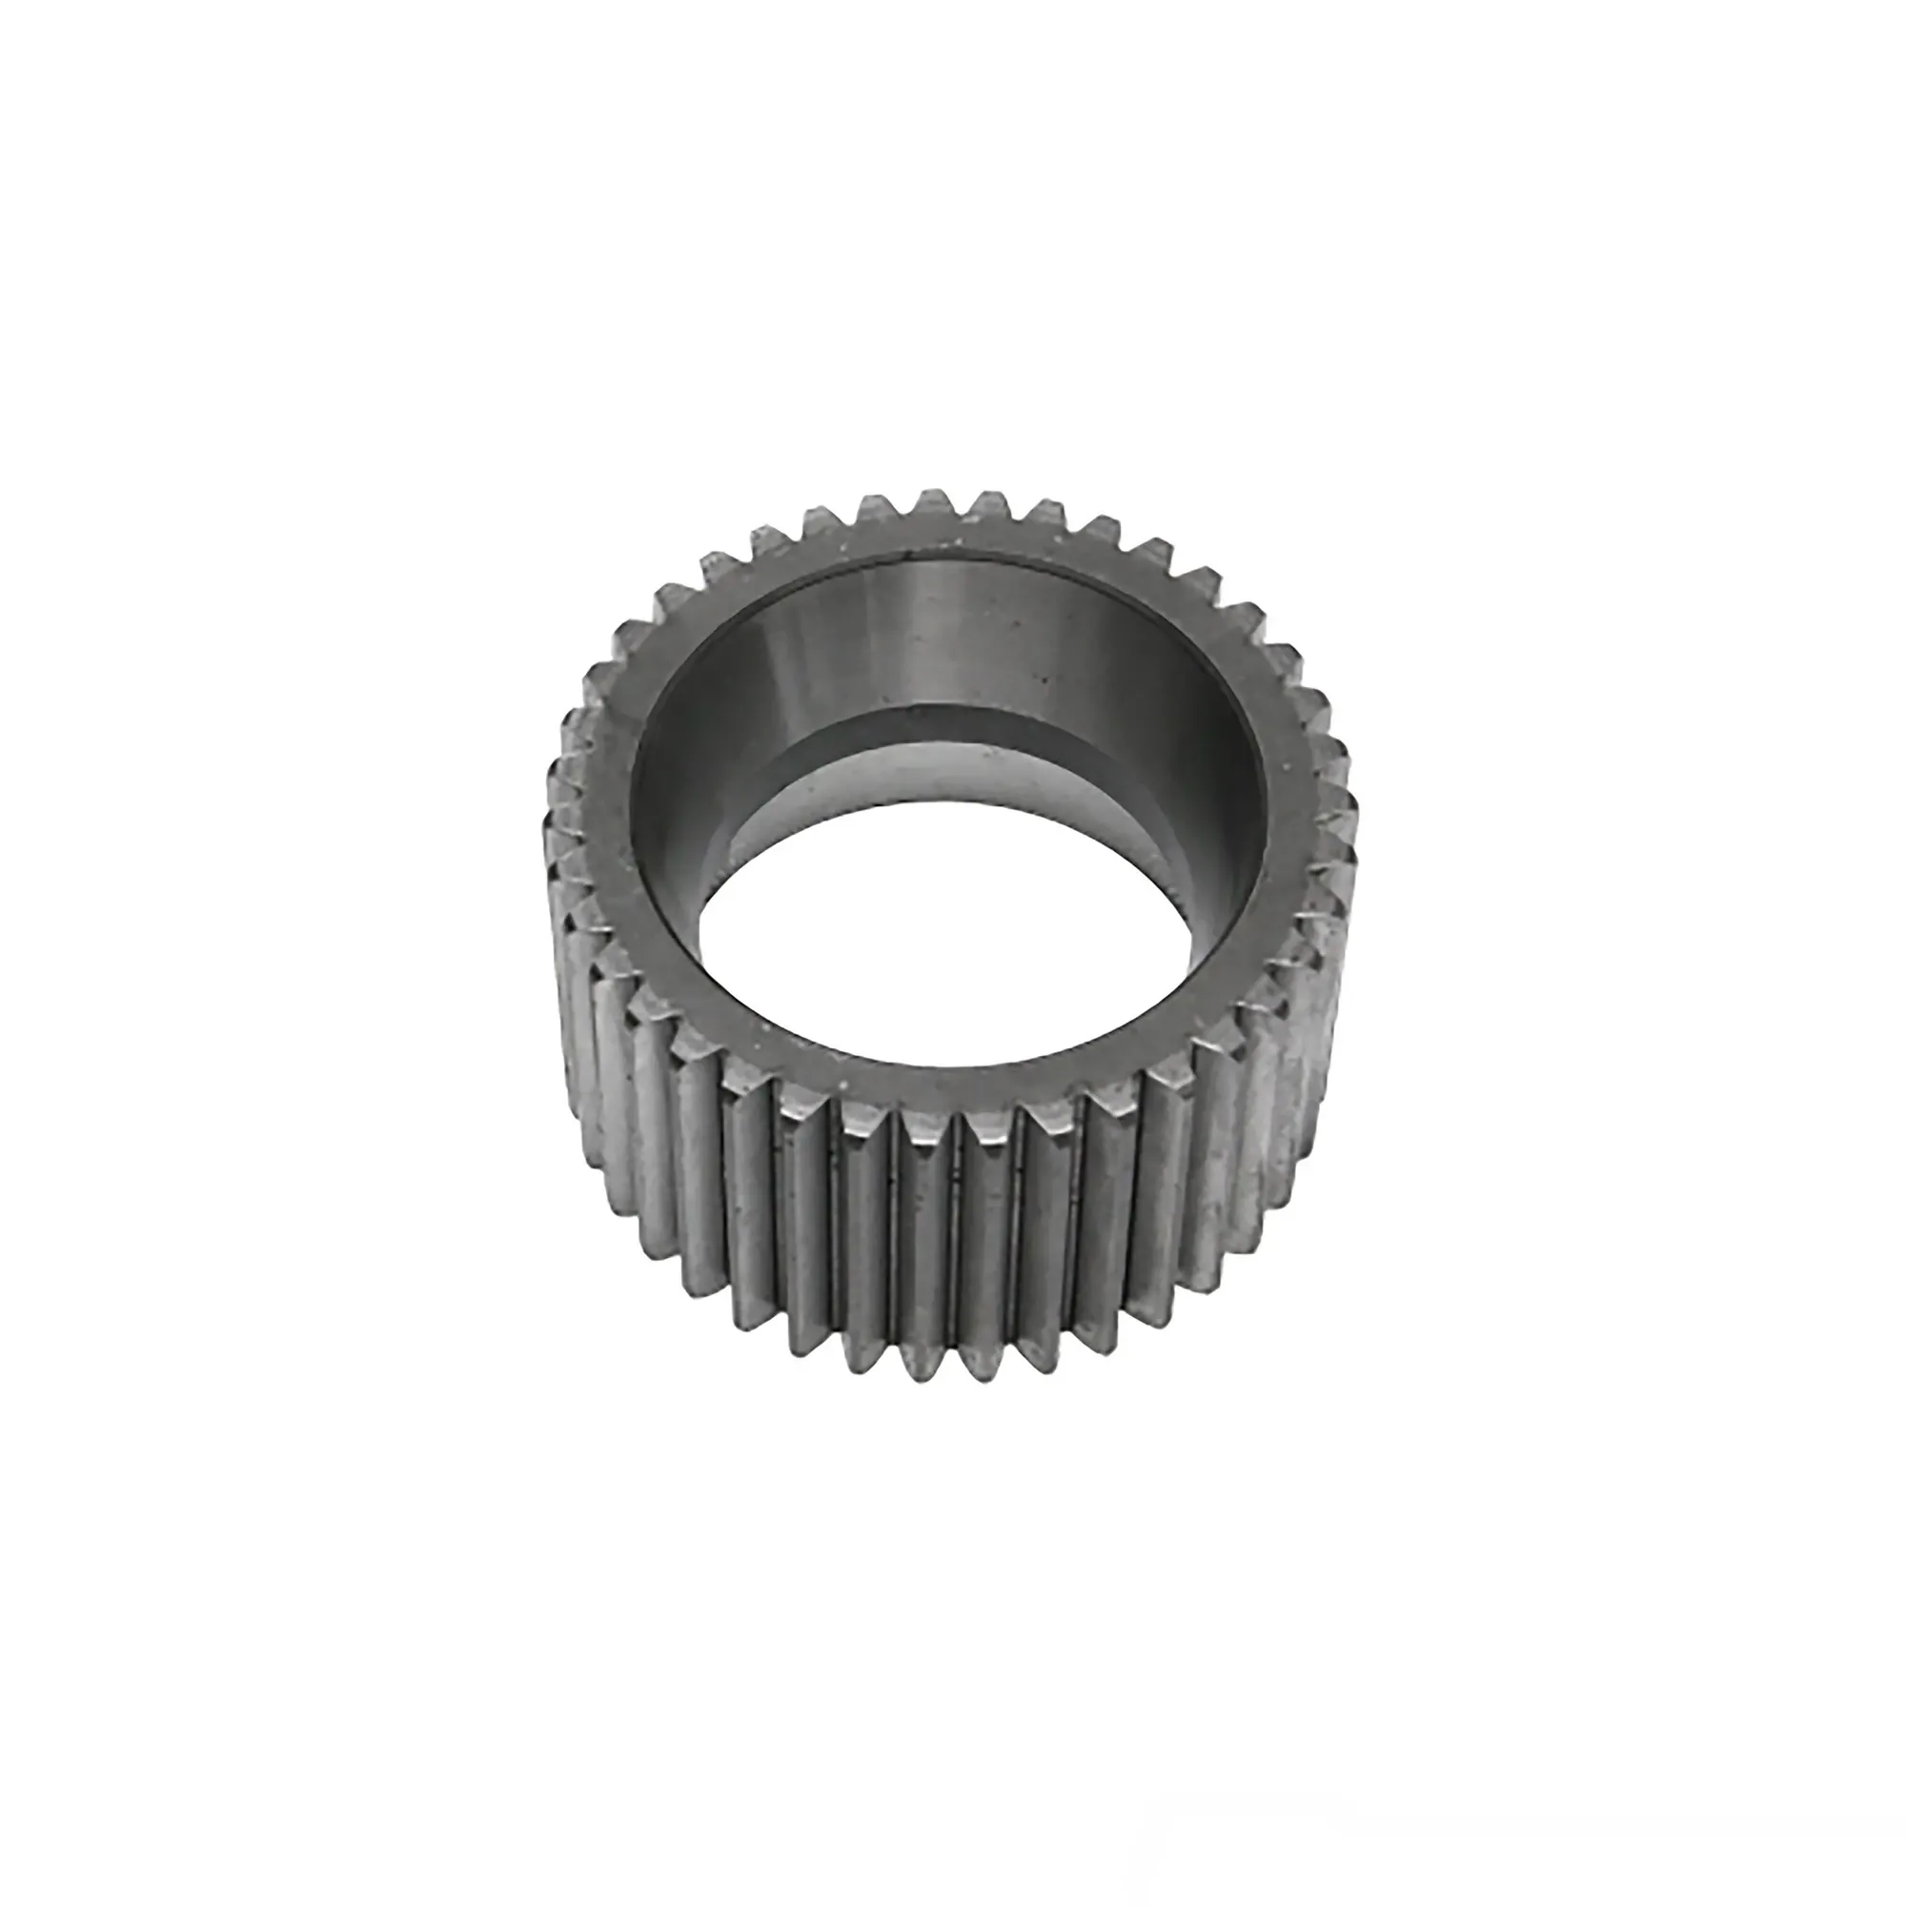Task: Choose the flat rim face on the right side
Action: click(x=1283, y=809)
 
